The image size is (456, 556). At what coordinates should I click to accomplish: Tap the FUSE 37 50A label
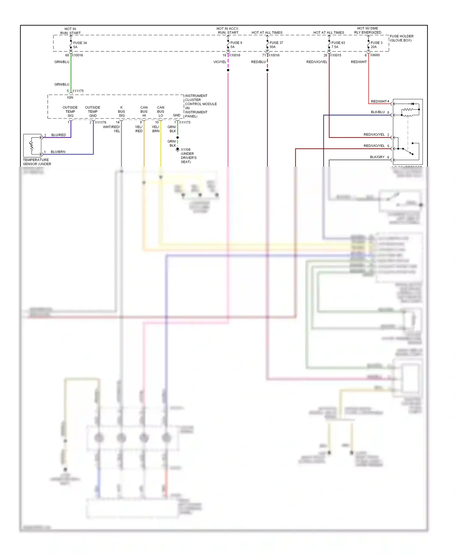(276, 45)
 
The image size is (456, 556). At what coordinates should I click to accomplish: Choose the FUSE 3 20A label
(376, 45)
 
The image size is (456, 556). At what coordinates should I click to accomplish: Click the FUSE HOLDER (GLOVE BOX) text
(401, 38)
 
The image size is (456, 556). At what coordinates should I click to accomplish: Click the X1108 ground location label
(188, 155)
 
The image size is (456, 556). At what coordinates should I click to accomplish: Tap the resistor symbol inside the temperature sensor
(31, 145)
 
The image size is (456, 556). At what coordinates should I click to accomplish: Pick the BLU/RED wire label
(58, 135)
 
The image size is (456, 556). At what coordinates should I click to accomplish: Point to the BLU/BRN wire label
(58, 152)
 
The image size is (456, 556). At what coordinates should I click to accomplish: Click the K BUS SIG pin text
(121, 112)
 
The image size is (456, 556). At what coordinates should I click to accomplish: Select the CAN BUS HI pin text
(144, 112)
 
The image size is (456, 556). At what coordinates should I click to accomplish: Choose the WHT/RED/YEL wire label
(112, 129)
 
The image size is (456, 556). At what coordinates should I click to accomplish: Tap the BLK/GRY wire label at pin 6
(377, 157)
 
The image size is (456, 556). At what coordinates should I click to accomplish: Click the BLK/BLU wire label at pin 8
(378, 112)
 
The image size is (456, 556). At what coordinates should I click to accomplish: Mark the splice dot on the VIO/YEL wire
(228, 70)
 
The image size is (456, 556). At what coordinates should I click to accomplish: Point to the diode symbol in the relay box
(412, 104)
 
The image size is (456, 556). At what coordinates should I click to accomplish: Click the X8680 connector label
(375, 55)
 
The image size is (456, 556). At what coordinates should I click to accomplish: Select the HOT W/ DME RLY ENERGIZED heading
(368, 30)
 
